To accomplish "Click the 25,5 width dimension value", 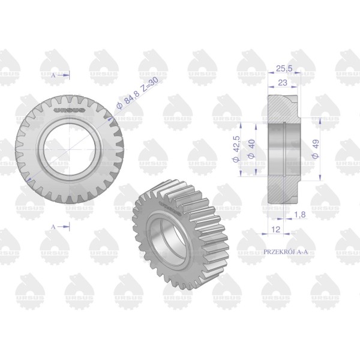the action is point(284,68).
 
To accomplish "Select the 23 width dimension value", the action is point(283,83).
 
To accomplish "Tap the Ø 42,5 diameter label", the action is point(236,149).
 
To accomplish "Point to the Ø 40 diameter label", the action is point(251,149).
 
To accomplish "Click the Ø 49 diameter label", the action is point(316,149).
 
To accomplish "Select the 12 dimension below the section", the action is point(276,229).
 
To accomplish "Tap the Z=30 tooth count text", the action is point(150,84).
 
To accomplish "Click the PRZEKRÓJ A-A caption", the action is point(286,252).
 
